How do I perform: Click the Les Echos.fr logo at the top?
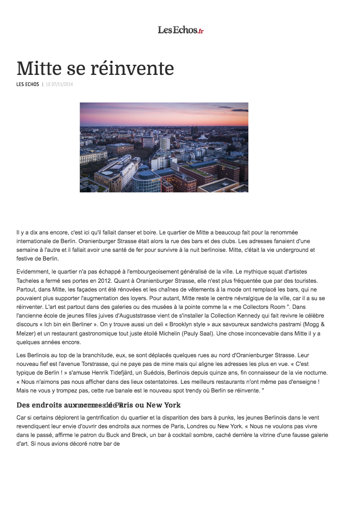point(180,30)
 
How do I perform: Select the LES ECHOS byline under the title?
point(28,85)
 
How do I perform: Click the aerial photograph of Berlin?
point(164,147)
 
